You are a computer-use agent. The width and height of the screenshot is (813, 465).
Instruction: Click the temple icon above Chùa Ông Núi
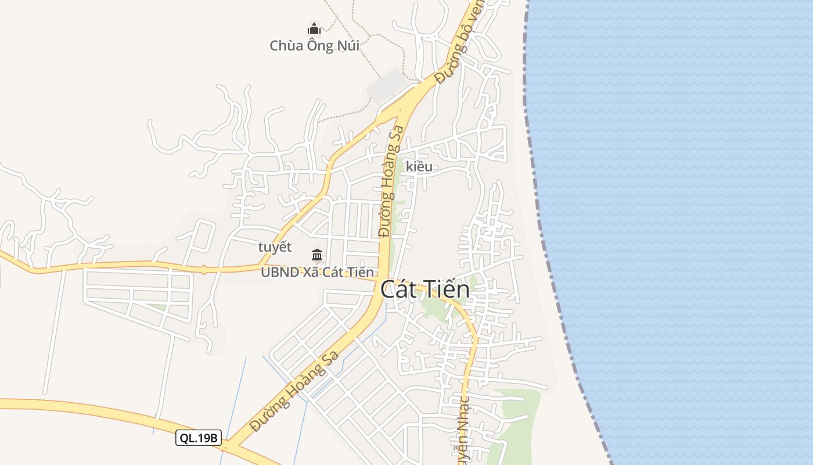pyautogui.click(x=314, y=28)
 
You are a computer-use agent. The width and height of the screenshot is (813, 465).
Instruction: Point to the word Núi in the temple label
pyautogui.click(x=346, y=45)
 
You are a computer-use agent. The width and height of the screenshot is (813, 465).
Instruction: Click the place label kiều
pyautogui.click(x=419, y=167)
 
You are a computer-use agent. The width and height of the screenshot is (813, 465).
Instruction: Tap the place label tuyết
pyautogui.click(x=275, y=247)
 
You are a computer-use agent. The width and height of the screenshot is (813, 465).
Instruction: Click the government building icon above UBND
pyautogui.click(x=317, y=255)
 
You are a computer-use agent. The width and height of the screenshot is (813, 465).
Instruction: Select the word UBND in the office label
pyautogui.click(x=280, y=272)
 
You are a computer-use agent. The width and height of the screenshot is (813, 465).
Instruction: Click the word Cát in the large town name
pyautogui.click(x=400, y=289)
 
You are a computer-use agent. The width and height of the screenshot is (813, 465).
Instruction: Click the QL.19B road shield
pyautogui.click(x=199, y=438)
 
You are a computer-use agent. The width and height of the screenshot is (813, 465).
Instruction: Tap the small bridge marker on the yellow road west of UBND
pyautogui.click(x=204, y=270)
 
